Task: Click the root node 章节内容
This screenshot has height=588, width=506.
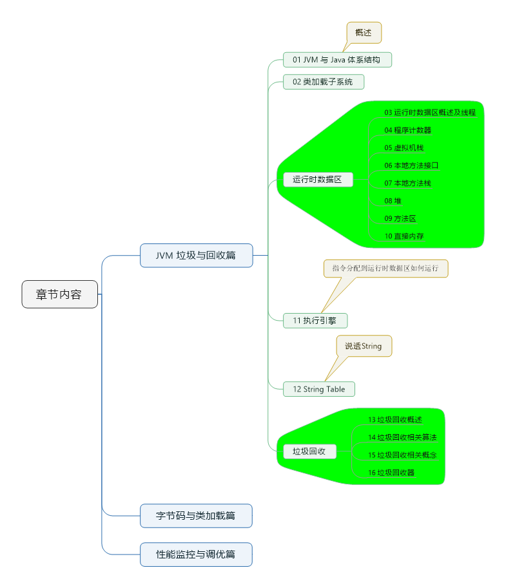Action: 59,294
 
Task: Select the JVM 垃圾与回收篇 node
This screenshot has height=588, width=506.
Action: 196,255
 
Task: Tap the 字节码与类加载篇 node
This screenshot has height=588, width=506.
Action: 196,515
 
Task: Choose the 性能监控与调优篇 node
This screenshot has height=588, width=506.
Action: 196,554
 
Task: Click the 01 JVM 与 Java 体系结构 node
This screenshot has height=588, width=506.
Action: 337,60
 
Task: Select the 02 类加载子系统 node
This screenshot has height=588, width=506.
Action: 324,82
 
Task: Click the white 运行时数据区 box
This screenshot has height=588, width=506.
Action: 318,180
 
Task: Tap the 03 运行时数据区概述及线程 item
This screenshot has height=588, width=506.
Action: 430,112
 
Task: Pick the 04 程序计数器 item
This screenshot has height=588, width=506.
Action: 408,130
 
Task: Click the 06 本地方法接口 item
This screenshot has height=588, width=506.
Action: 411,166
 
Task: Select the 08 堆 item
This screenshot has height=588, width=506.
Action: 393,201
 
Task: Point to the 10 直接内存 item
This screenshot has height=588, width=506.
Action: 404,236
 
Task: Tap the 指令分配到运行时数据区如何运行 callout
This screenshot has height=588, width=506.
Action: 385,268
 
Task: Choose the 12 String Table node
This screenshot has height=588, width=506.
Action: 319,389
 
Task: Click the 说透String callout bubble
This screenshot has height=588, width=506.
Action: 364,346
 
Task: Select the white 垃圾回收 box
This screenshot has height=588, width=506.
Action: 309,451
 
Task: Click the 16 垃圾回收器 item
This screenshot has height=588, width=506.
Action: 391,473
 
